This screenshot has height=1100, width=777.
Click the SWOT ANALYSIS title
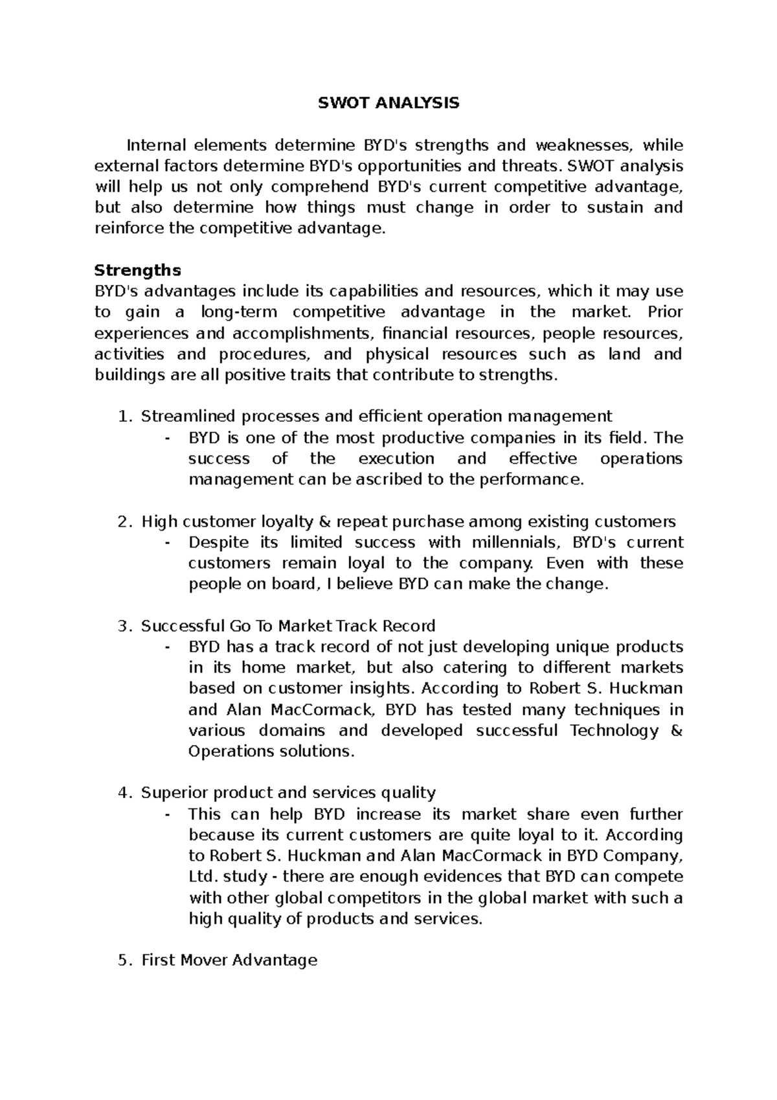tap(388, 103)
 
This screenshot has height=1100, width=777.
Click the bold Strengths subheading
tap(137, 269)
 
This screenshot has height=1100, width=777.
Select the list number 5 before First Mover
tap(124, 960)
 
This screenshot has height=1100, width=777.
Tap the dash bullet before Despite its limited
tap(168, 543)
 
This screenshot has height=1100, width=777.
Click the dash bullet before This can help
tap(168, 814)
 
